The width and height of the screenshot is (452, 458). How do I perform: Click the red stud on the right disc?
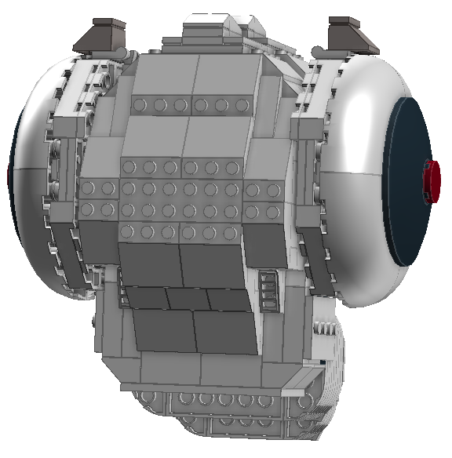pyautogui.click(x=431, y=181)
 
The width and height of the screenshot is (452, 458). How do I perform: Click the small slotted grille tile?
pyautogui.click(x=268, y=290)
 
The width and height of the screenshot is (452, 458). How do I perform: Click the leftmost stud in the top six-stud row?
pyautogui.click(x=140, y=105)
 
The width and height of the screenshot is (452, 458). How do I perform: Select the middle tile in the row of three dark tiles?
pyautogui.click(x=187, y=299)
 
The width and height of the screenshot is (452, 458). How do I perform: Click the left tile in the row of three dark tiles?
pyautogui.click(x=145, y=297)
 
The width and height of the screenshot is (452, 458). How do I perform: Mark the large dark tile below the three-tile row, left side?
pyautogui.click(x=162, y=330)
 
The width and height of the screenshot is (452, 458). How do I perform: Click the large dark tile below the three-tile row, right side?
pyautogui.click(x=224, y=333)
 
